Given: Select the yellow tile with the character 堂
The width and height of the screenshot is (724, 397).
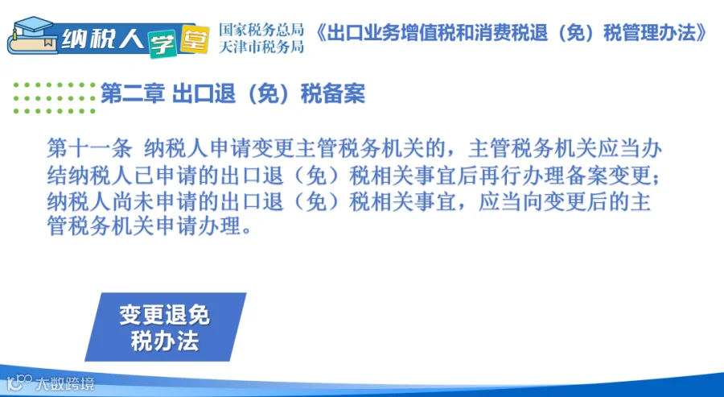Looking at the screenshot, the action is coord(194,39).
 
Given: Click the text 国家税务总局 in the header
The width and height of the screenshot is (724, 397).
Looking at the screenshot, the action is coord(261,30).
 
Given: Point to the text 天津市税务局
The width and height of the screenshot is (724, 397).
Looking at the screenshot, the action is coord(261,47).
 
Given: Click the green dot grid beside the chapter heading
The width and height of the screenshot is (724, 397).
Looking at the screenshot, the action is coord(54,98).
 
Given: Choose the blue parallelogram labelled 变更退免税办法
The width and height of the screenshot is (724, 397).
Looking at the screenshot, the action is coord(165,327).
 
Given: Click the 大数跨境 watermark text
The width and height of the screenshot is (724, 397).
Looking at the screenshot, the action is coord(65,383).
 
